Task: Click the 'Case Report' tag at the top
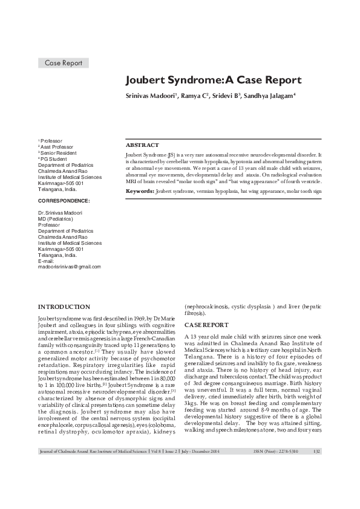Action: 63,63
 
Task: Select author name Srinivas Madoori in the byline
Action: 151,96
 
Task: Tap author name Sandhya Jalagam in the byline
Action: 269,96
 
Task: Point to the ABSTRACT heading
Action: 142,146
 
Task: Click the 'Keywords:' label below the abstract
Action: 140,190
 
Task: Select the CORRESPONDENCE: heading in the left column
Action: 64,200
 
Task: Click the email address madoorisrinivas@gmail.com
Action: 70,266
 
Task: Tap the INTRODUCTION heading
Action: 64,307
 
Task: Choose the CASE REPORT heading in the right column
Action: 206,325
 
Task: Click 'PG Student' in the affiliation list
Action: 54,159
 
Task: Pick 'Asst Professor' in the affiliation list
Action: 58,147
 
